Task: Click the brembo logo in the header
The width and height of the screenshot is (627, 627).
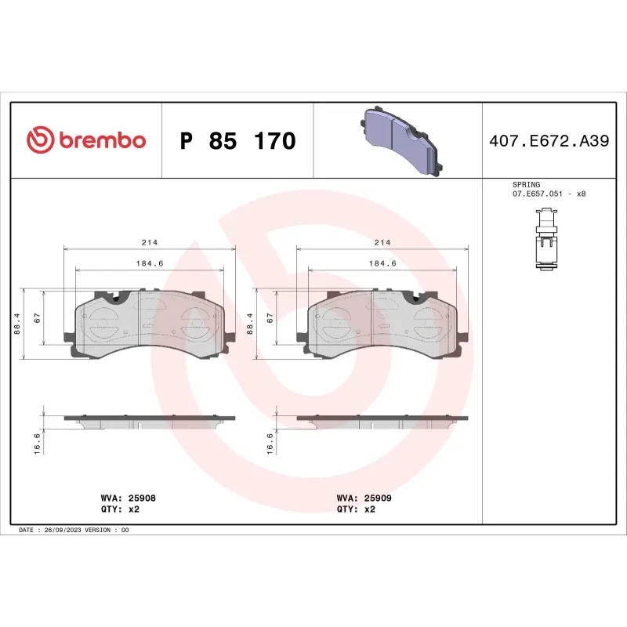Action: [86, 140]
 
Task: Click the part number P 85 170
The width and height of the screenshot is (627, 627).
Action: [237, 141]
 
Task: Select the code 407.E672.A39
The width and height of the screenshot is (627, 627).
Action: [549, 141]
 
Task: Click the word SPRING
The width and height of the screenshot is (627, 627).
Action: [526, 184]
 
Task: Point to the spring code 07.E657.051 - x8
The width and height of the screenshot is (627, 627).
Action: [549, 193]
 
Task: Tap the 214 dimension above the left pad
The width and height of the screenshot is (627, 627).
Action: [149, 242]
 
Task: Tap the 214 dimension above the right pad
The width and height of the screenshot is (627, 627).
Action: [382, 242]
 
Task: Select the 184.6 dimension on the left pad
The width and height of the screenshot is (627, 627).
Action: [149, 263]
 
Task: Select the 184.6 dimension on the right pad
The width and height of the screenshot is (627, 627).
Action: [382, 263]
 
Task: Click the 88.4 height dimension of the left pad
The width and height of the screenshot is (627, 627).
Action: [17, 324]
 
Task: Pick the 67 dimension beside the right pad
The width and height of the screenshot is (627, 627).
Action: [270, 319]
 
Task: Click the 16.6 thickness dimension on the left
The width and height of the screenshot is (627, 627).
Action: [37, 443]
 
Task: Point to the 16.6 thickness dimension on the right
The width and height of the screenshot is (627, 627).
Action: [270, 443]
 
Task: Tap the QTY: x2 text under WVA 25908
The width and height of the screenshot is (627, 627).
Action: [122, 509]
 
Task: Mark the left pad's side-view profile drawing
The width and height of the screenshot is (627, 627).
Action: [149, 422]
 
